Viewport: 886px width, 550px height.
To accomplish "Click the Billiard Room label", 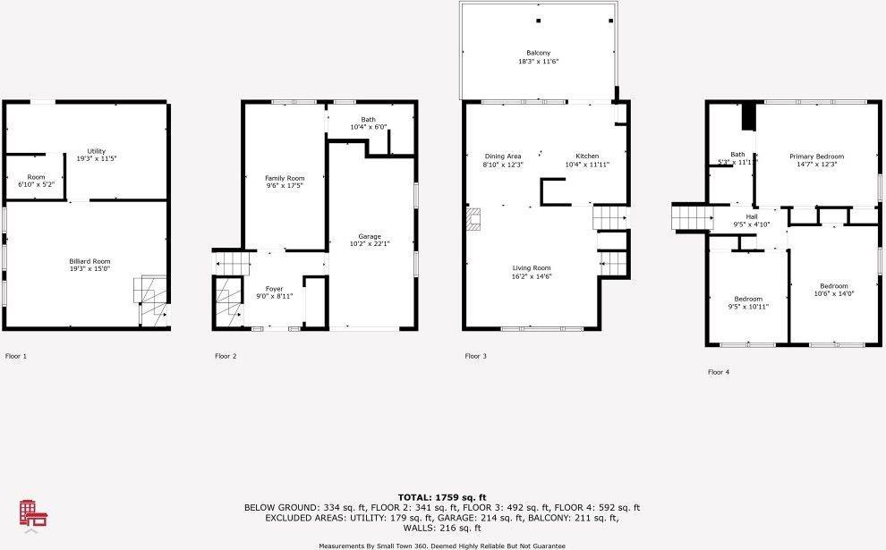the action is point(89,261).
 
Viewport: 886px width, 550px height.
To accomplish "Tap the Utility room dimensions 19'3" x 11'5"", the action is point(97,158).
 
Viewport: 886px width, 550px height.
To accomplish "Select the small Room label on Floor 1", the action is point(36,177).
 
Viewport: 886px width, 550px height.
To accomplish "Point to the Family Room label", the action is point(285,179).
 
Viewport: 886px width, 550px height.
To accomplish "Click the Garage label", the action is point(370,237).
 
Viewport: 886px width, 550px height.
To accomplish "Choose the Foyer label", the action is point(274,289).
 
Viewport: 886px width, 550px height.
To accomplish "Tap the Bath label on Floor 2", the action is point(369,120).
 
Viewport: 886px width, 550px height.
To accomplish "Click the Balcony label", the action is point(539,53).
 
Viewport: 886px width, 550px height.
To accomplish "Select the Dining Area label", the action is point(503,157).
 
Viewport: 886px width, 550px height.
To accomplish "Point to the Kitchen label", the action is point(587,157).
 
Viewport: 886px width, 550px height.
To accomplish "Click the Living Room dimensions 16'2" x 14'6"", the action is point(532,276).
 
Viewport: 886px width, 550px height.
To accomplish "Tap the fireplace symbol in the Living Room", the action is point(473,220).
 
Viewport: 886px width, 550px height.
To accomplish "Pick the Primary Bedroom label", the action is point(816,157).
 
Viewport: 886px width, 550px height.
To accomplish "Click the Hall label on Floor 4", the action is point(752,216).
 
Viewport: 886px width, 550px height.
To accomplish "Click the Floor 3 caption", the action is point(476,356).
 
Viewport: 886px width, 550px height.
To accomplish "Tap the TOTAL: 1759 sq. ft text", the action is point(442,497).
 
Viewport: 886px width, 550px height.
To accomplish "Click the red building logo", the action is point(33,514).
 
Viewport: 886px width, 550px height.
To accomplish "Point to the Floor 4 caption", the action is point(719,372).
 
